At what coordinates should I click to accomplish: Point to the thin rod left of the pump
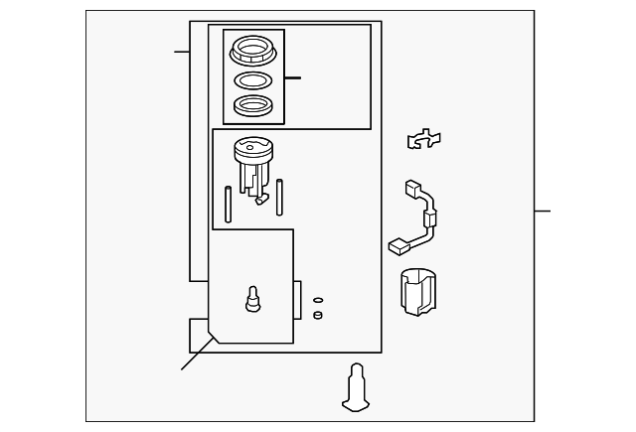[x=229, y=204]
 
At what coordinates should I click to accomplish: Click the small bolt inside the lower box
[x=252, y=297]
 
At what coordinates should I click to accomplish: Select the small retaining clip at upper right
[x=424, y=140]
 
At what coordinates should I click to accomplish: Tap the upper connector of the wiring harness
[x=410, y=189]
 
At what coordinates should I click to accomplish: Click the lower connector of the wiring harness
[x=397, y=244]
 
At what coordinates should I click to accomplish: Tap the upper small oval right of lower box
[x=318, y=299]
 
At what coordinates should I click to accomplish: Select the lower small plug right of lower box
[x=318, y=315]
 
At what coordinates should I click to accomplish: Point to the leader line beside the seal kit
[x=292, y=77]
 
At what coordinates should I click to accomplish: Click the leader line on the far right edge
[x=542, y=211]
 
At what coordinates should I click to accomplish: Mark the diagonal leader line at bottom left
[x=195, y=355]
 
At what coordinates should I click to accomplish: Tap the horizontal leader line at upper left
[x=182, y=51]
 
